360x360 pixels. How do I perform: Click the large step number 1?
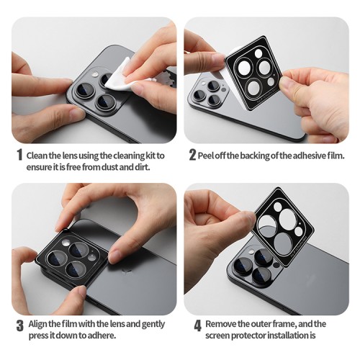coord(20,156)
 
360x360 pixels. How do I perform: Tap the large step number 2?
coord(192,155)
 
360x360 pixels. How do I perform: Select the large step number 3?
coord(20,326)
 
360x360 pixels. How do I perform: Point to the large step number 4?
coord(197,326)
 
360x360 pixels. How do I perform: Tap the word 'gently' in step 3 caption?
coord(153,325)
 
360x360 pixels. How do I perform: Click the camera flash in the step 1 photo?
coord(95,75)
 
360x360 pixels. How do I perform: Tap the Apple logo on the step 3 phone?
coord(125,271)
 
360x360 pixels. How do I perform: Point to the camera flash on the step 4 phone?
coord(251,251)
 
